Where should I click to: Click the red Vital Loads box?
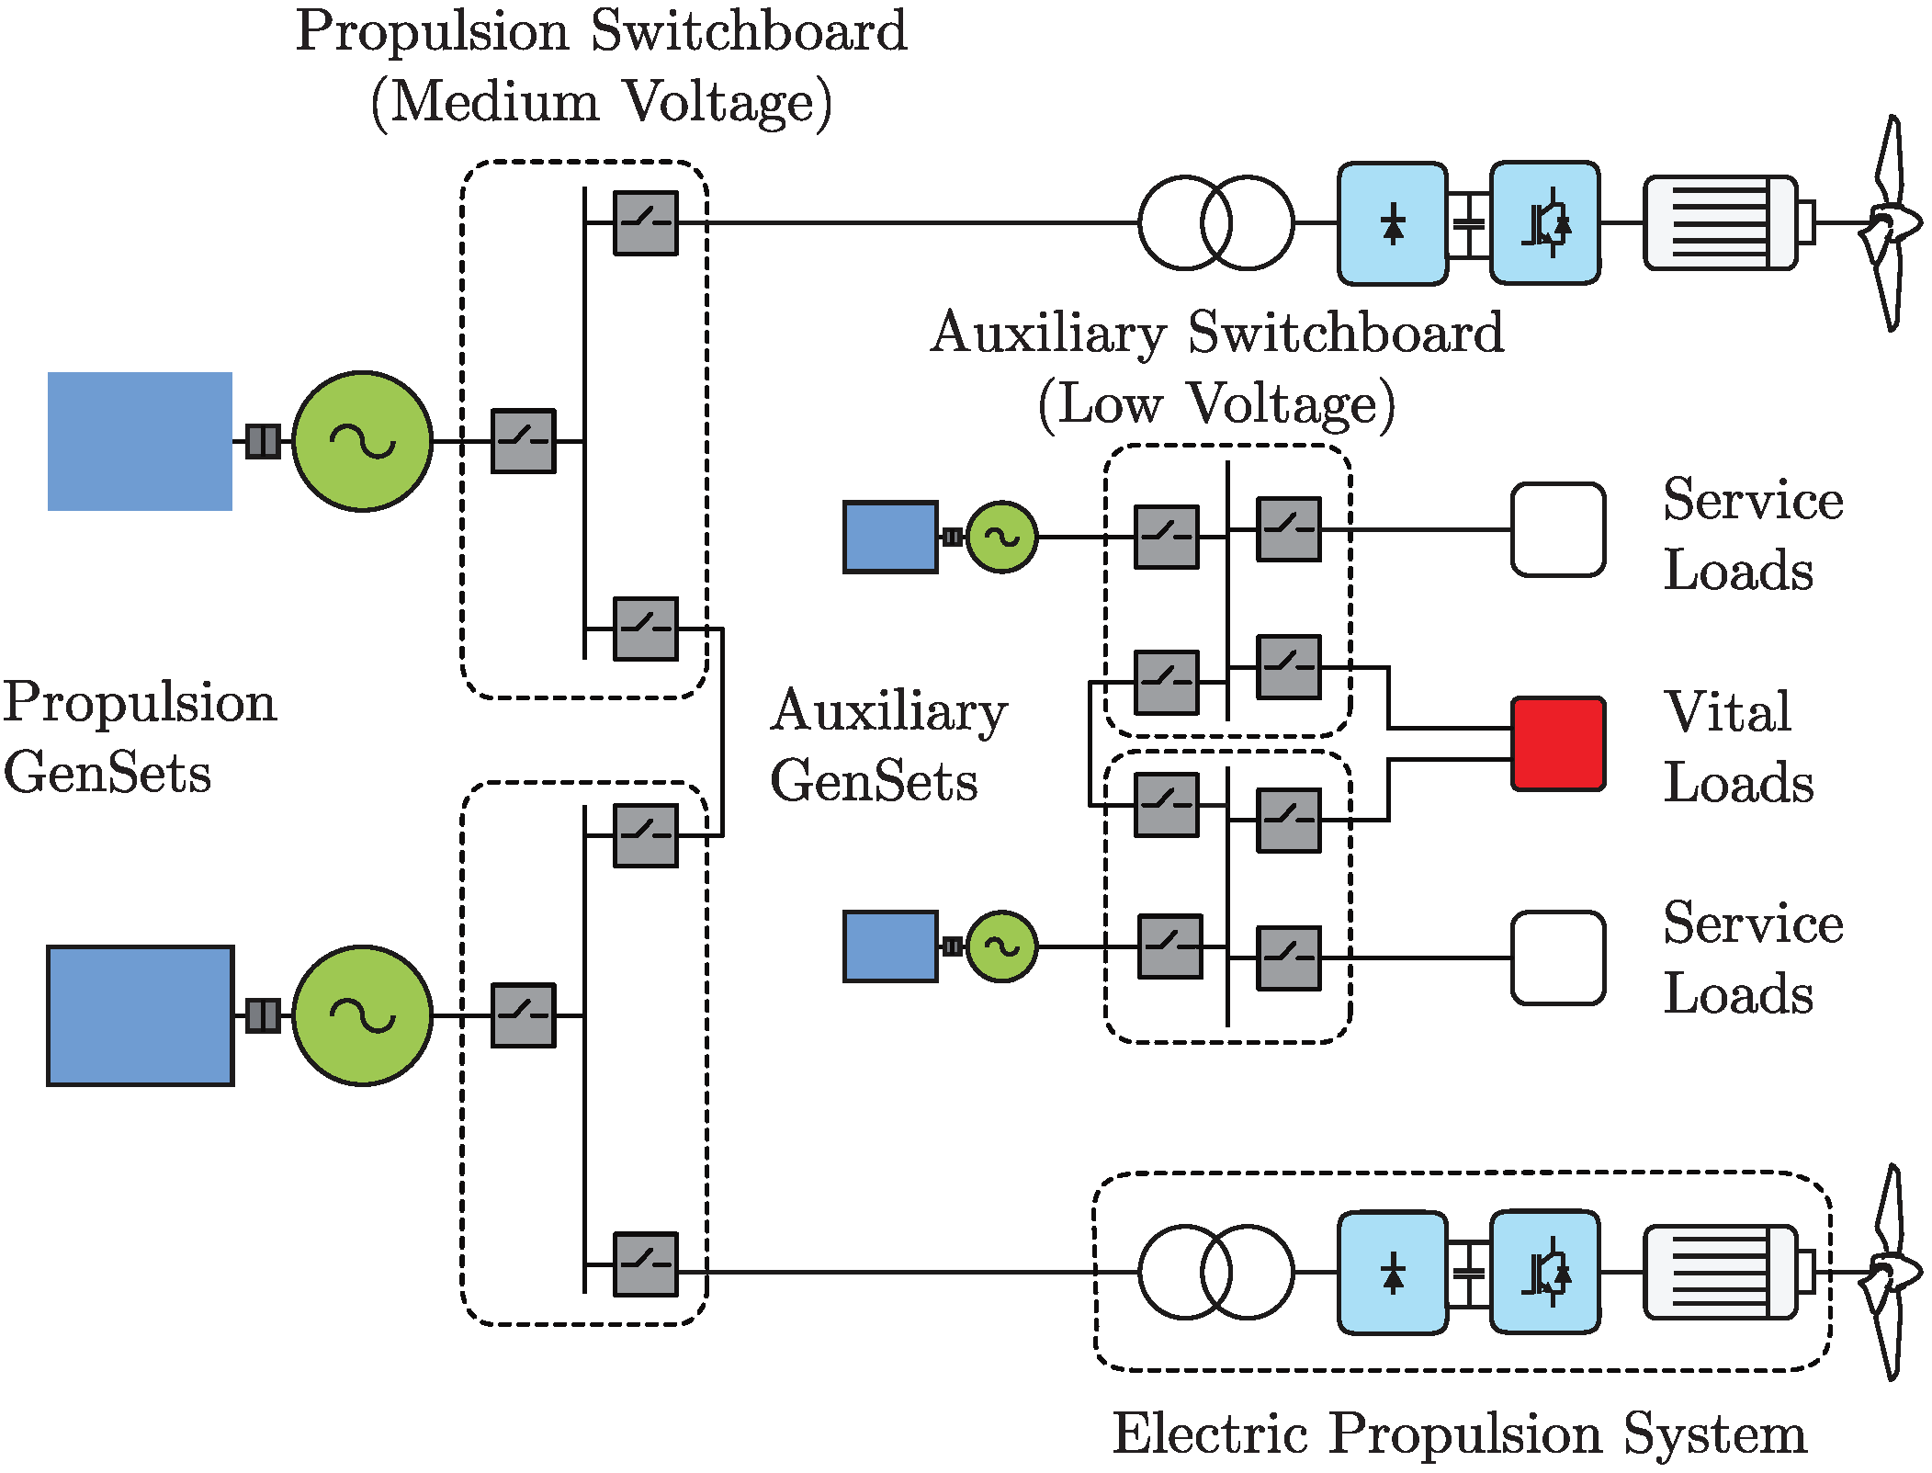pyautogui.click(x=1558, y=743)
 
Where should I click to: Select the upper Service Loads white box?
pyautogui.click(x=1558, y=529)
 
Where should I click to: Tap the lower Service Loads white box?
pyautogui.click(x=1558, y=957)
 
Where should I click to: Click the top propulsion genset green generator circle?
pyautogui.click(x=362, y=441)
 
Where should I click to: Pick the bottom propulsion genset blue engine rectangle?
pyautogui.click(x=140, y=1015)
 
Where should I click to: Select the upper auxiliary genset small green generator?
pyautogui.click(x=1001, y=537)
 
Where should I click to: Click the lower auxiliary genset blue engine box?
pyautogui.click(x=890, y=946)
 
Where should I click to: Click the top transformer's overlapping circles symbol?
pyautogui.click(x=1215, y=222)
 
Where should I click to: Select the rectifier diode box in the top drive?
pyautogui.click(x=1392, y=223)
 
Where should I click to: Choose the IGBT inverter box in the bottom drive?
pyautogui.click(x=1544, y=1272)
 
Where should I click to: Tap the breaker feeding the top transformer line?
pyautogui.click(x=645, y=222)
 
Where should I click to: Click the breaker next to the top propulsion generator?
pyautogui.click(x=523, y=441)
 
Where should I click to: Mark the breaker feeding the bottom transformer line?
pyautogui.click(x=645, y=1264)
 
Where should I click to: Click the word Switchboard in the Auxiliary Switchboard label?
pyautogui.click(x=1345, y=333)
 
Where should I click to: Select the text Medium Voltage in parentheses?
pyautogui.click(x=602, y=102)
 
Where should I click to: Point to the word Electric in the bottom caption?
pyautogui.click(x=1210, y=1433)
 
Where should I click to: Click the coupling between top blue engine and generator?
pyautogui.click(x=263, y=441)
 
